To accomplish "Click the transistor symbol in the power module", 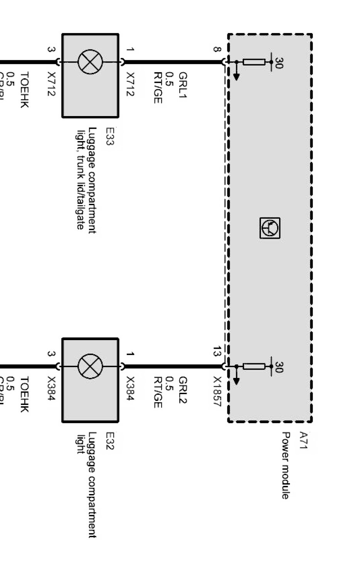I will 270,228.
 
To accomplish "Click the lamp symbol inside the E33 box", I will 90,62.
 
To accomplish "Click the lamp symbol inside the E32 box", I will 90,366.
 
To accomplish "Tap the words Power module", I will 285,465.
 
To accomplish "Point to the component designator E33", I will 109,136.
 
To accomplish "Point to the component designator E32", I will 109,441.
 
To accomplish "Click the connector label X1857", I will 217,392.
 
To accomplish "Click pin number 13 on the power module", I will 217,352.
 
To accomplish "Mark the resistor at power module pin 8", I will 254,62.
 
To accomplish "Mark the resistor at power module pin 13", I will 254,366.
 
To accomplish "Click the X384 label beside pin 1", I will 130,388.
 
